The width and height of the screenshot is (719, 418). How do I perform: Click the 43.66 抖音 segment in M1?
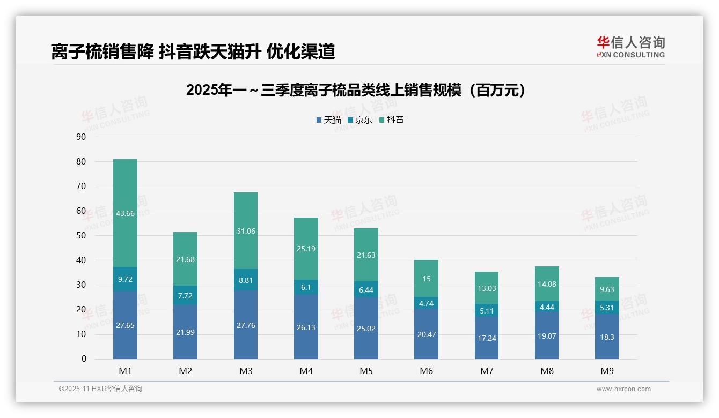125,213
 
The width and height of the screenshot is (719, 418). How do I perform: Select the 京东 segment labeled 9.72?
125,279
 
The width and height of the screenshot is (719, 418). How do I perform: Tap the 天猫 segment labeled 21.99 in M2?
185,332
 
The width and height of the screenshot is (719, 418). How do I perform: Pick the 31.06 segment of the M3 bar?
246,230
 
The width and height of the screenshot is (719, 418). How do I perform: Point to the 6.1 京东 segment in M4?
306,287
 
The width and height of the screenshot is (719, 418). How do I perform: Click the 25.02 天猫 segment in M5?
366,328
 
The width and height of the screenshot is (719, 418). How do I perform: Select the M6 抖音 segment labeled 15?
426,279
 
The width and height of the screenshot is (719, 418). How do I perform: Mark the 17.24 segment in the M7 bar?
487,338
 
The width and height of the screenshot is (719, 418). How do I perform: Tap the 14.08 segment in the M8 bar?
547,284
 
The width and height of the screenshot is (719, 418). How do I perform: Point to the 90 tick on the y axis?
81,137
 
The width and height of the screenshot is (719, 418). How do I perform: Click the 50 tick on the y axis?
81,235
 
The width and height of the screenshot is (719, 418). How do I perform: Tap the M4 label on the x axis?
306,371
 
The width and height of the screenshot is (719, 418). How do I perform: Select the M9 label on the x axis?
607,371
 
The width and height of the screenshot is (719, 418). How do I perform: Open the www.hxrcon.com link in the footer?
623,389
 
